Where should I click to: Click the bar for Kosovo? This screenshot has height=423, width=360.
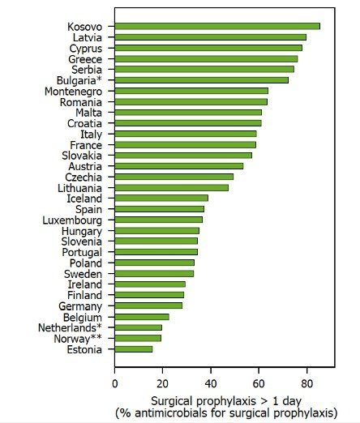[217, 26]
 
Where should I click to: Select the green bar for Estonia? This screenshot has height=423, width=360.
[134, 349]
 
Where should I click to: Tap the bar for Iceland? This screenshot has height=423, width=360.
[161, 199]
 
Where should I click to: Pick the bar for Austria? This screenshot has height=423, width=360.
[179, 166]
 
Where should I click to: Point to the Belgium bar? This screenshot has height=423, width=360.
[142, 317]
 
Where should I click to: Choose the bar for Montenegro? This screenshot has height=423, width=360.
[191, 91]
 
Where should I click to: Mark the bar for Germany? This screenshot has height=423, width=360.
[148, 305]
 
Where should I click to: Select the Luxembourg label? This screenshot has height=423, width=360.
[72, 220]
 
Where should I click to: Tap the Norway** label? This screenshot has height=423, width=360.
[78, 339]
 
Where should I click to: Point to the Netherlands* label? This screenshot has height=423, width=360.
[70, 327]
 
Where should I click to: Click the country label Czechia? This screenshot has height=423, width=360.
[84, 177]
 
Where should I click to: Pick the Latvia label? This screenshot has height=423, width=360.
[88, 37]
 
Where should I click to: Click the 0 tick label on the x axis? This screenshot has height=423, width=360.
[115, 383]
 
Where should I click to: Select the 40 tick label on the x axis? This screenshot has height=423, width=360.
[211, 383]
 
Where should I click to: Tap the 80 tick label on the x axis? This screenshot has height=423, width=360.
[306, 383]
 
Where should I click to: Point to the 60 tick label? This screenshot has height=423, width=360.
[259, 383]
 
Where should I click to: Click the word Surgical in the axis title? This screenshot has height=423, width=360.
[172, 402]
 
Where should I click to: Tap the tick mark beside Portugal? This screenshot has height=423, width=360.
[111, 252]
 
